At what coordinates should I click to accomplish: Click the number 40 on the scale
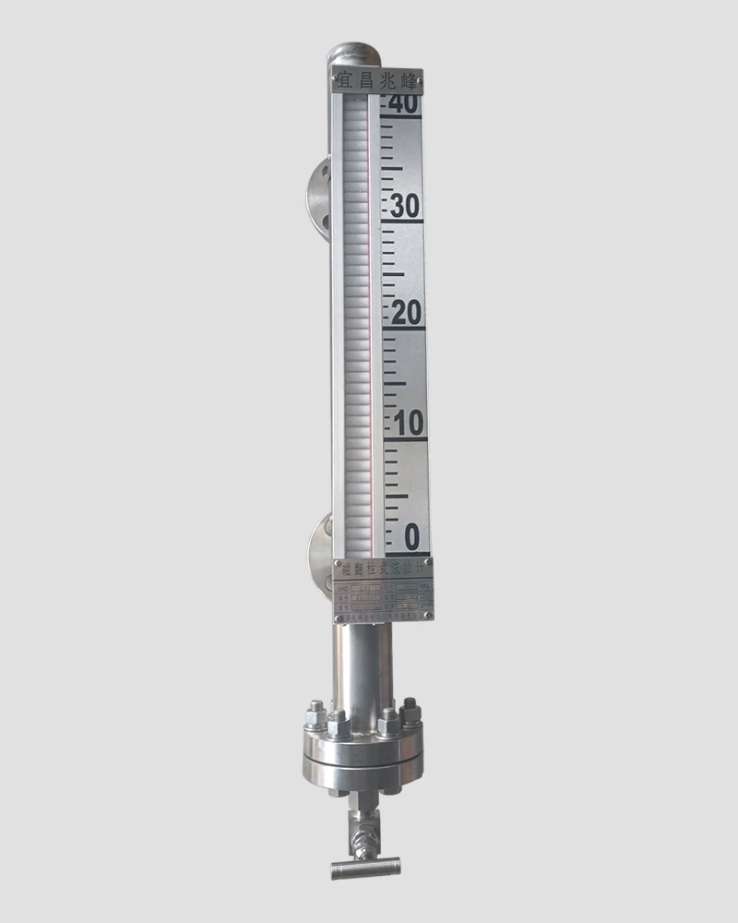[403, 104]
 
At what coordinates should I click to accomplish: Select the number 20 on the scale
[405, 314]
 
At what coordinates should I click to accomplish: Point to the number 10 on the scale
[407, 424]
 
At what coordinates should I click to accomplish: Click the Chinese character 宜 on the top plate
[344, 82]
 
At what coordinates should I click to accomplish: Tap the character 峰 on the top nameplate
[409, 83]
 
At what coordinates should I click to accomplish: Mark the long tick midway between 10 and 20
[394, 382]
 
